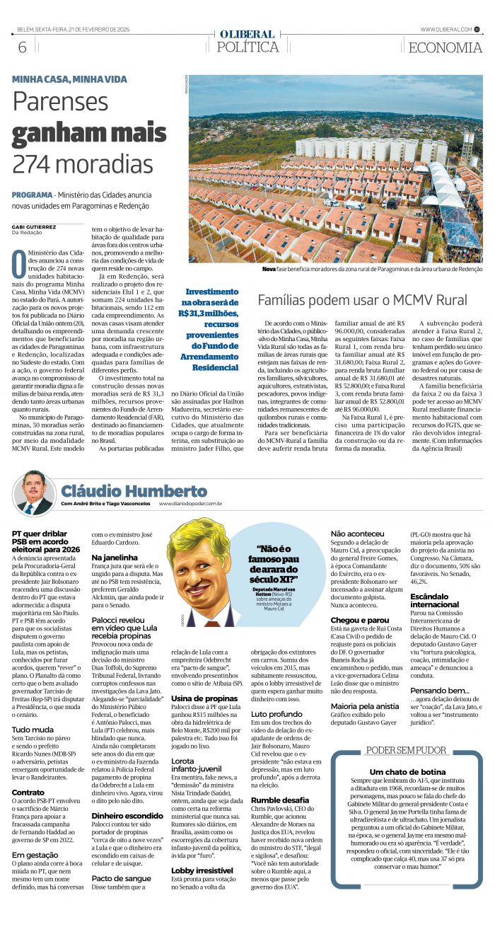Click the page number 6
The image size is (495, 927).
tap(22, 47)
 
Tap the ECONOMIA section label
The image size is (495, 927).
tap(445, 47)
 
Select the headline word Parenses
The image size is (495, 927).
tap(60, 103)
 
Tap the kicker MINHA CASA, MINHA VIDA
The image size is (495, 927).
tap(69, 79)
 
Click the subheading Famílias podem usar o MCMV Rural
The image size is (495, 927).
tap(362, 299)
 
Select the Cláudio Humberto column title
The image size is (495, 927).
tap(134, 490)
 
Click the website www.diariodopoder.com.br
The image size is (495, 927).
tap(191, 504)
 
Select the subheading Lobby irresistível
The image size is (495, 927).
tap(202, 870)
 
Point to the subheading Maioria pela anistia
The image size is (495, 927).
tap(365, 706)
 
